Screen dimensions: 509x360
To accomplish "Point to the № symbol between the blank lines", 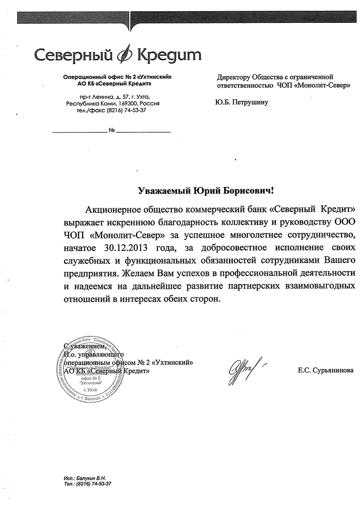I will [x=112, y=131].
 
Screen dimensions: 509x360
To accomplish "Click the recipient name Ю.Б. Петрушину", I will [x=242, y=102].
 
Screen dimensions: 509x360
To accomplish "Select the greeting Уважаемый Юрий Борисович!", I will [x=205, y=191].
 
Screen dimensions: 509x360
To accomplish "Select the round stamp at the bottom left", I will [x=92, y=369].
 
